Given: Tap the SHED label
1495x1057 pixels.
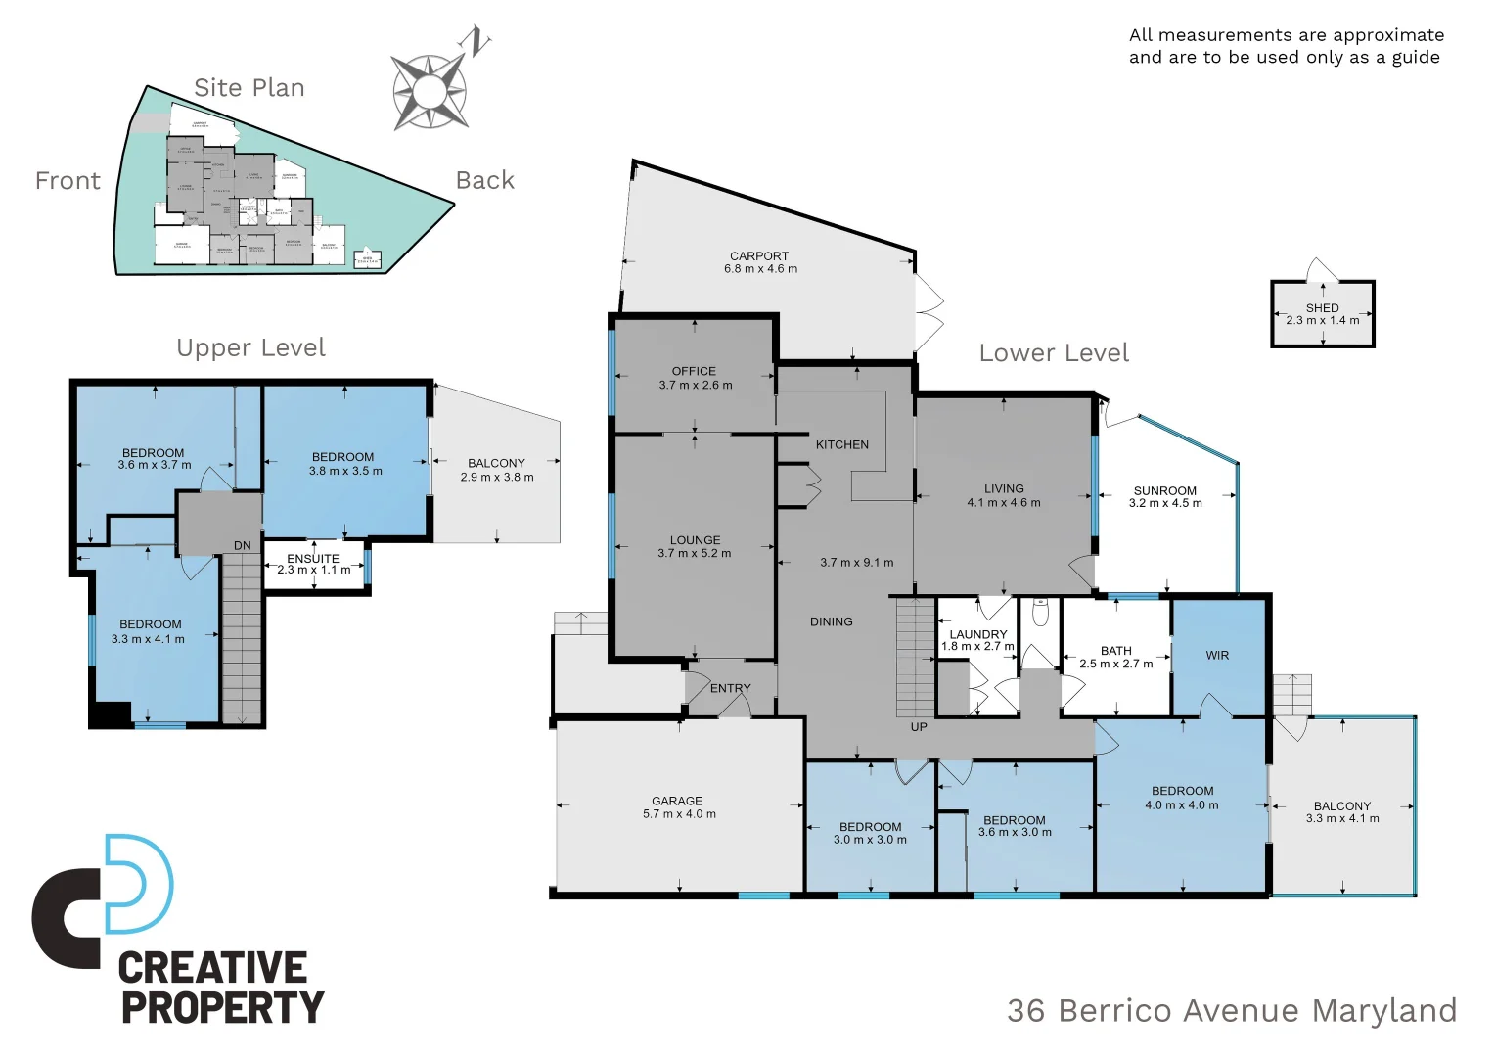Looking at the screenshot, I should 1322,307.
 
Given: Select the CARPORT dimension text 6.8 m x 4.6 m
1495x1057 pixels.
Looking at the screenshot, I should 760,269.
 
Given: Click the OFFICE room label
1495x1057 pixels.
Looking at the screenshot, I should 694,371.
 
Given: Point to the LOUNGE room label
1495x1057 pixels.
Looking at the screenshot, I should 695,540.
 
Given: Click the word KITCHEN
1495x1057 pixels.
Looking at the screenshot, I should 841,444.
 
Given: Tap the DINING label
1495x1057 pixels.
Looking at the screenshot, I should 831,621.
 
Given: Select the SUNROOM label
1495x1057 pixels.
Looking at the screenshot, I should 1164,491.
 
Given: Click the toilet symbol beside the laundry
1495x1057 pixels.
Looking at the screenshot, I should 1040,612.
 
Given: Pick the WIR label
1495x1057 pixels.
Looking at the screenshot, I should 1217,656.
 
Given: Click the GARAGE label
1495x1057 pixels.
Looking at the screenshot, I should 677,801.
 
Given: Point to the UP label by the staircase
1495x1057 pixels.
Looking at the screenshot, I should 919,727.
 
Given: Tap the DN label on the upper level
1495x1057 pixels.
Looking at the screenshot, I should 243,546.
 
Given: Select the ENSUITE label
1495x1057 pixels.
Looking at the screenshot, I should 313,559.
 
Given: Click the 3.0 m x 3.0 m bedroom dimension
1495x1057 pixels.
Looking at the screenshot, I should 870,840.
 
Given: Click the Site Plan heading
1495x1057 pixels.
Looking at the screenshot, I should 249,88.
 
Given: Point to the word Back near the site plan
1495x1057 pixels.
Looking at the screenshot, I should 484,180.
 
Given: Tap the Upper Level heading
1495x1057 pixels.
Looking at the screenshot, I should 250,347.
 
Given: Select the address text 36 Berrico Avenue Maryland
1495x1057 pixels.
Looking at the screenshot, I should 1231,1010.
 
